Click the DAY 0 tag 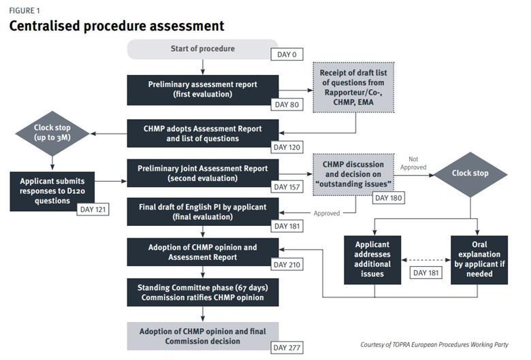pyautogui.click(x=287, y=54)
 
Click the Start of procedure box pyautogui.click(x=202, y=49)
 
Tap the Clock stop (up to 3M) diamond pyautogui.click(x=52, y=133)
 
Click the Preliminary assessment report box pyautogui.click(x=202, y=89)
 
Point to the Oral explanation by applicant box pyautogui.click(x=478, y=258)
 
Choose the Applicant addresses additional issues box pyautogui.click(x=372, y=258)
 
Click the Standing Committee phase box pyautogui.click(x=202, y=292)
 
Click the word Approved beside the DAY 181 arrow pyautogui.click(x=327, y=213)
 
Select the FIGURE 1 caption pyautogui.click(x=24, y=10)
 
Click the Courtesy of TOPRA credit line pyautogui.click(x=434, y=344)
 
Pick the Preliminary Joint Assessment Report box pyautogui.click(x=202, y=174)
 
